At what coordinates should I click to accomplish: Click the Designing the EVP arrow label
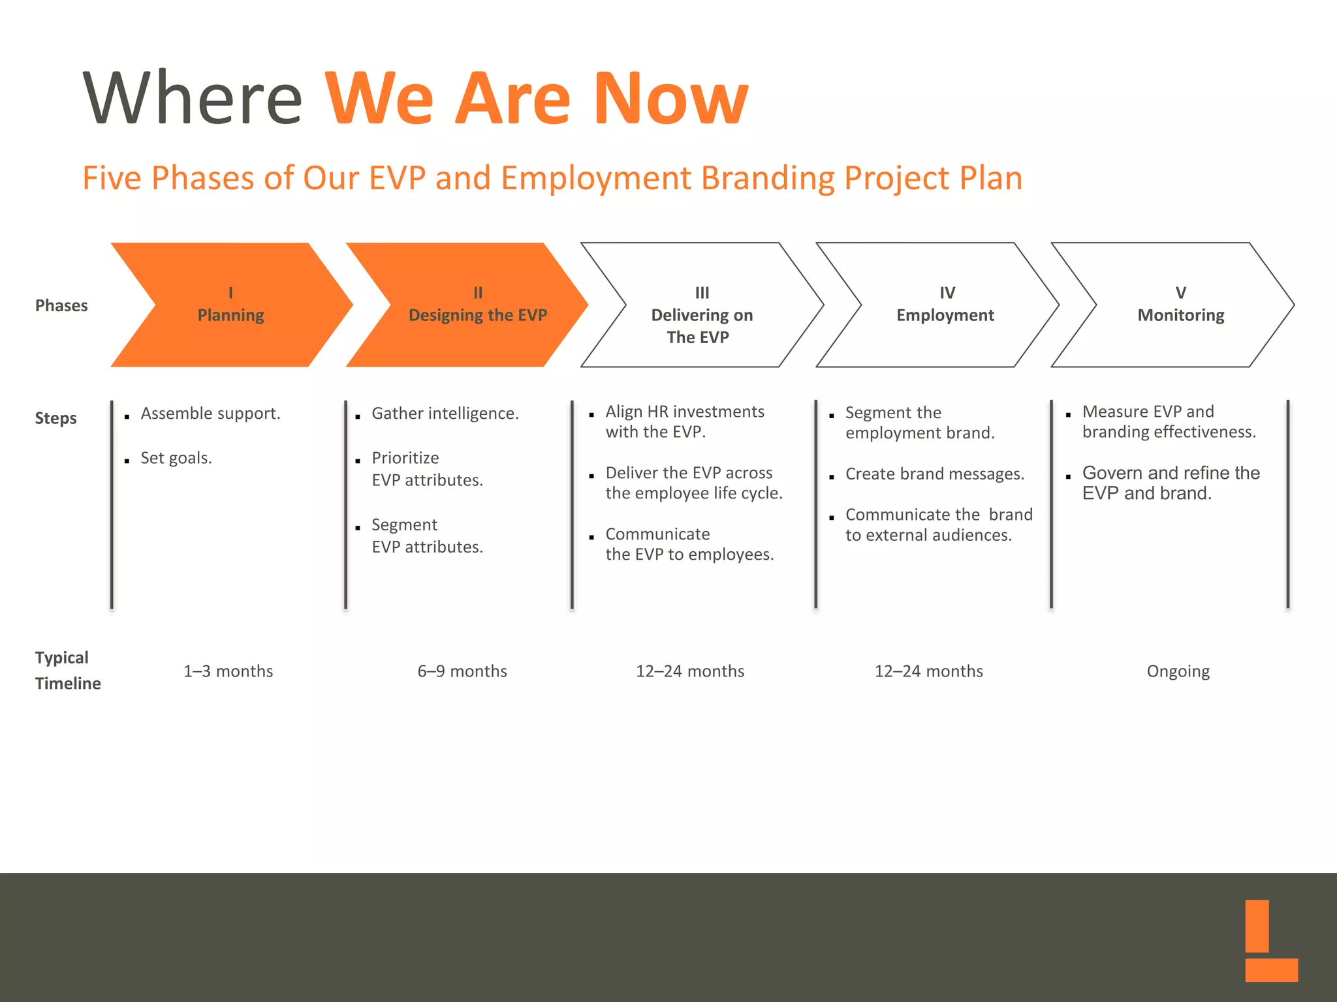coord(477,315)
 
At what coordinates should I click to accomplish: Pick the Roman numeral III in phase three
coord(702,293)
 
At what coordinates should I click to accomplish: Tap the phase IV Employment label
coord(945,315)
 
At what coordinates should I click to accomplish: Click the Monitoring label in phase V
coord(1180,315)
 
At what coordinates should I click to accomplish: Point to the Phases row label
coord(61,305)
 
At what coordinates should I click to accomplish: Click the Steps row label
coord(55,418)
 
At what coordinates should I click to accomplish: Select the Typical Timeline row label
coord(67,671)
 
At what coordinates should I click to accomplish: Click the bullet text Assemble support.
coord(210,414)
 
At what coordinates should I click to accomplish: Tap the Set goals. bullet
coord(176,458)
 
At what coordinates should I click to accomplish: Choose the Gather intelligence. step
coord(445,414)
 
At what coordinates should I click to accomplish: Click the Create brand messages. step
coord(934,474)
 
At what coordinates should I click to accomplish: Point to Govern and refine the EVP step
coord(1171,483)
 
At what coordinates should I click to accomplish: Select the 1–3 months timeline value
coord(228,671)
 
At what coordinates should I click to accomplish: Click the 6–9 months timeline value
coord(462,671)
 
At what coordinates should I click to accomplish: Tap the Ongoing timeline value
coord(1178,671)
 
